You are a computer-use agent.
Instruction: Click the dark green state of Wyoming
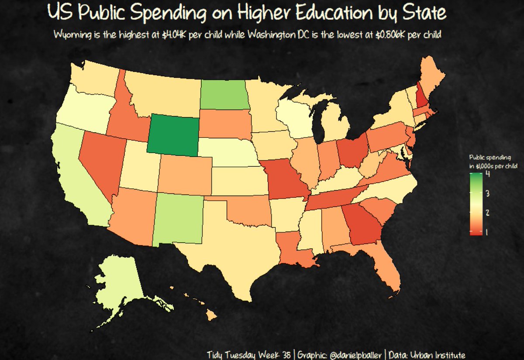(173, 136)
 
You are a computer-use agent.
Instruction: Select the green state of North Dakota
(224, 95)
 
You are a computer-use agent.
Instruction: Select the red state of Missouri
(284, 179)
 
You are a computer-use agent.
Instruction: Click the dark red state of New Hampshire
(421, 98)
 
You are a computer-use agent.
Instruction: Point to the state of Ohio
(352, 151)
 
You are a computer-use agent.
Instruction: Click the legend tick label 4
(487, 174)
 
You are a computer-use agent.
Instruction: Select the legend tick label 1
(487, 232)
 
